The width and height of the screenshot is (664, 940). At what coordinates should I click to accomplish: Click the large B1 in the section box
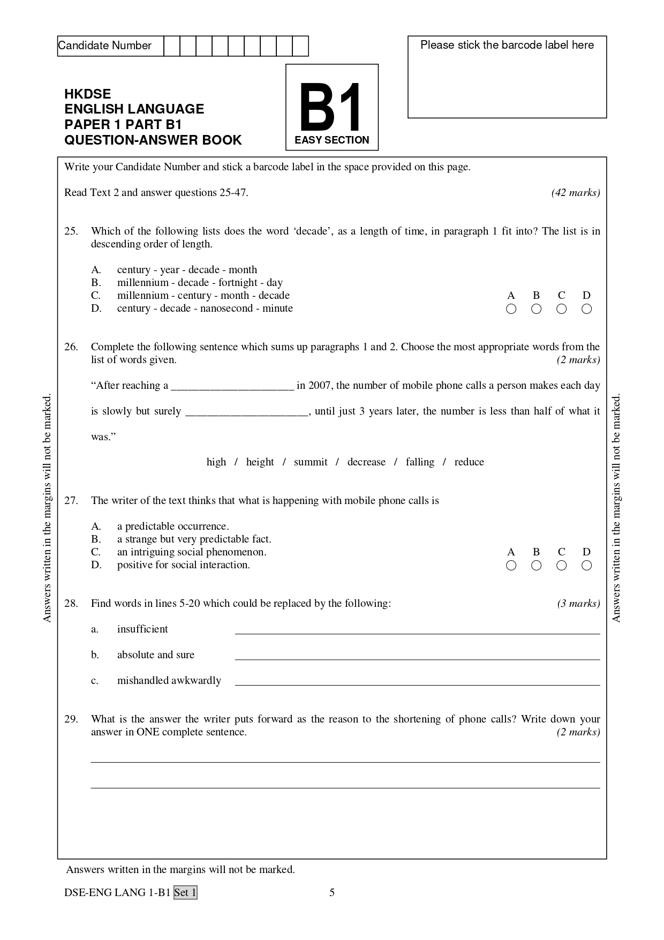point(331,108)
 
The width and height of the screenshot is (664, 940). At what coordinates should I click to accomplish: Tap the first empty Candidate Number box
point(171,46)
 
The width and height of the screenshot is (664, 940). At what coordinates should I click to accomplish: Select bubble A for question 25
point(511,309)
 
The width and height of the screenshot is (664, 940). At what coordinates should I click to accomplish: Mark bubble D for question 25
point(586,309)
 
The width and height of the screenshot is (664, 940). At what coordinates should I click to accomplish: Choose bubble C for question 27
point(561,565)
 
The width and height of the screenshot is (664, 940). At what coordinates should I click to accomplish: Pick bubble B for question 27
point(536,565)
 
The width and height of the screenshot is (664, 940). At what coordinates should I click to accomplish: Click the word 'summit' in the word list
point(311,462)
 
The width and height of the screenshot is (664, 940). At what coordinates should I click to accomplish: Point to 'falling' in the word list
point(420,462)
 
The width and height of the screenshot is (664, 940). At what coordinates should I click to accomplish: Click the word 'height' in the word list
point(260,462)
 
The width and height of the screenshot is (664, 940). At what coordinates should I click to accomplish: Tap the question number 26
point(71,347)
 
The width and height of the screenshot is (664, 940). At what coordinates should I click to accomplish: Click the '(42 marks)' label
point(575,193)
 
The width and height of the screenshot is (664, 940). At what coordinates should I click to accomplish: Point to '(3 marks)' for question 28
point(578,604)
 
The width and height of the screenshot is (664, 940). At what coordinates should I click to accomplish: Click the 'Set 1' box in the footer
point(185,892)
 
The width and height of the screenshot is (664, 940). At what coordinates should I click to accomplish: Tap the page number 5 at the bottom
point(332,892)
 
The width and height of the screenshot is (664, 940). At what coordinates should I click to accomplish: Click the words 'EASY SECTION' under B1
point(332,140)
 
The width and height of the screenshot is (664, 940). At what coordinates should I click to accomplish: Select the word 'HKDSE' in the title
point(87,94)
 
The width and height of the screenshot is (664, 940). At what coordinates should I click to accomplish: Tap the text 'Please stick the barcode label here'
point(507,46)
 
